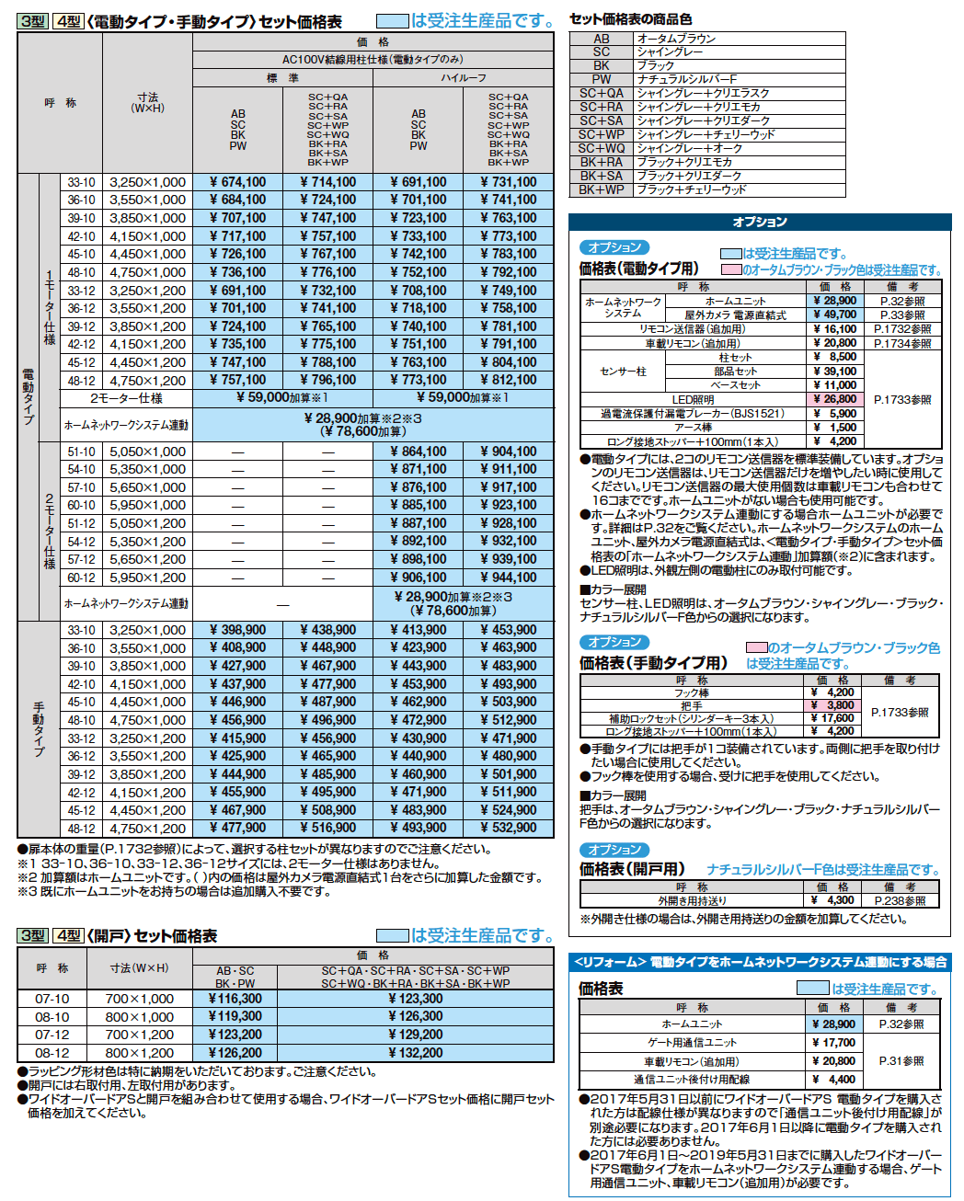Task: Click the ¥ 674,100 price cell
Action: (237, 182)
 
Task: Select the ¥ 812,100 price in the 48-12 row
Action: (509, 380)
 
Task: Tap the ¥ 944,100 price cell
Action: (509, 578)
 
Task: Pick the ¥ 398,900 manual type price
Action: (237, 630)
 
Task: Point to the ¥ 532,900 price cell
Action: (509, 828)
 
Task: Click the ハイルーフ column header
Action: (463, 78)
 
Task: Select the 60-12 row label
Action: (81, 578)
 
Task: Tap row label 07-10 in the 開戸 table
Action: (52, 999)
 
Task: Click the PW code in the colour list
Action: (602, 79)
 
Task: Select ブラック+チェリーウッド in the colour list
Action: (691, 189)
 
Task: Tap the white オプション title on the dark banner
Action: (760, 222)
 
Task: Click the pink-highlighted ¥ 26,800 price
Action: (834, 399)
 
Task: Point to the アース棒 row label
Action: (693, 428)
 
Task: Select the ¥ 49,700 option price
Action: (834, 315)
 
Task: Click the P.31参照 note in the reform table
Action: (901, 1061)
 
